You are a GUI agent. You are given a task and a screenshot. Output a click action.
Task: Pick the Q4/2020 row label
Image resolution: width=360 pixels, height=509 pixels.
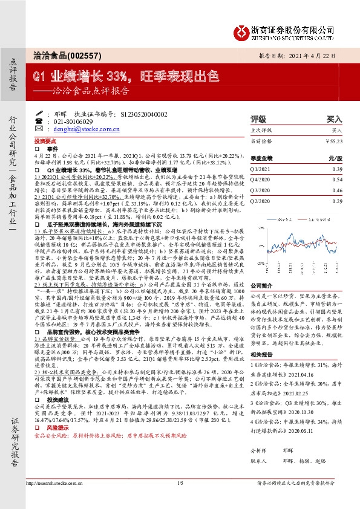tap(261, 180)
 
